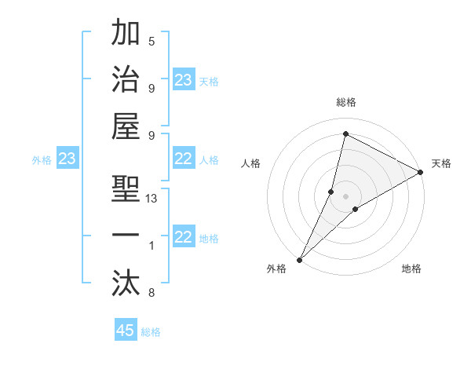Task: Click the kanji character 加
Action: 126,35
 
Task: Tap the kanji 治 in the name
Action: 126,80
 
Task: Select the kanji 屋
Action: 126,126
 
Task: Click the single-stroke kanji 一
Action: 126,235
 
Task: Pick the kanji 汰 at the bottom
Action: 126,280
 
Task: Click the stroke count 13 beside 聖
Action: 152,199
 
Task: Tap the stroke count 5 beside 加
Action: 152,42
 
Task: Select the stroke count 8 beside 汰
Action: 152,294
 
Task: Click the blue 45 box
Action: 126,331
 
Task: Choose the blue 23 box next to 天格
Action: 184,80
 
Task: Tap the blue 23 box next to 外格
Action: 68,159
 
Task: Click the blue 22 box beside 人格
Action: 184,159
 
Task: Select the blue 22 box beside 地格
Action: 184,238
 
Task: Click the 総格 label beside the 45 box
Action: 151,332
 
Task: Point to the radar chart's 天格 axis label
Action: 441,163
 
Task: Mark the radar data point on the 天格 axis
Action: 421,173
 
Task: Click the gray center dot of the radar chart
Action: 345,195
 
